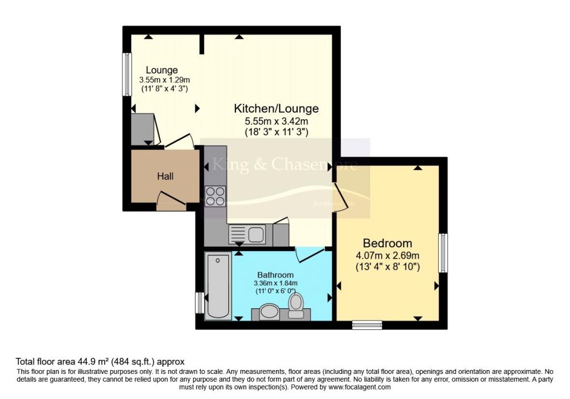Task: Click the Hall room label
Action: (x=165, y=176)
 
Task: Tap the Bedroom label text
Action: (x=387, y=243)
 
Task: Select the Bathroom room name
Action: (x=275, y=275)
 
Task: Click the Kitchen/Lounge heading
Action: (x=276, y=108)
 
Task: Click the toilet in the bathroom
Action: (x=296, y=305)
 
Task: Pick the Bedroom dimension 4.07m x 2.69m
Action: (x=387, y=256)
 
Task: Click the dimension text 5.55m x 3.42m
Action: (x=276, y=121)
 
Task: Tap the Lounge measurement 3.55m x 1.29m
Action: (x=162, y=80)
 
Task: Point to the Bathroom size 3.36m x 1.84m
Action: (x=275, y=283)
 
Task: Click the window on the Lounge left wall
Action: (x=126, y=74)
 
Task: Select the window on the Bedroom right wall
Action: (x=443, y=253)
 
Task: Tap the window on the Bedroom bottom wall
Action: (x=367, y=324)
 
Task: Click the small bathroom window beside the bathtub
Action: (x=199, y=303)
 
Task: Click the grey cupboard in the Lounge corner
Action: (x=142, y=128)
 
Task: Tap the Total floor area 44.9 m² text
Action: (x=100, y=362)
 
